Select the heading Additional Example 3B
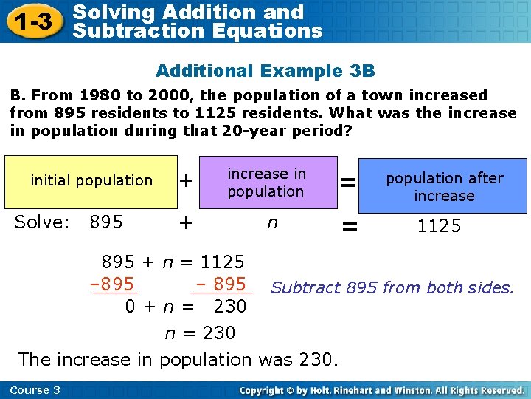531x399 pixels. click(x=265, y=71)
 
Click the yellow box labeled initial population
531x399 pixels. click(x=91, y=181)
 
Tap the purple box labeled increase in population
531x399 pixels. click(x=265, y=183)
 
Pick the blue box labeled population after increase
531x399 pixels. click(x=444, y=186)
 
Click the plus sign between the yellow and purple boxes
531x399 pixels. click(x=187, y=180)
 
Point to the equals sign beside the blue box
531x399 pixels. click(x=348, y=181)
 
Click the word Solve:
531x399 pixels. click(x=41, y=222)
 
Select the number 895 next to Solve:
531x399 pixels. click(x=105, y=222)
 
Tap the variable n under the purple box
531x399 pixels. click(x=271, y=222)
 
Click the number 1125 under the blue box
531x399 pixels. click(x=439, y=226)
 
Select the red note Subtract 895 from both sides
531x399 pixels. click(x=392, y=288)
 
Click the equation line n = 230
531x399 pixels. click(x=199, y=333)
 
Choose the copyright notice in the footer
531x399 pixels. click(x=381, y=390)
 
